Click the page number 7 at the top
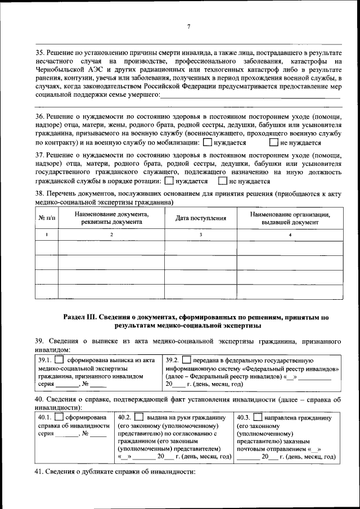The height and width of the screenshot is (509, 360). point(189,26)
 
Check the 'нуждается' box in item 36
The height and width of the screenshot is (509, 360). point(207,143)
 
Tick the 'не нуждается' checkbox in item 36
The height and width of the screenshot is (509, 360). point(274,143)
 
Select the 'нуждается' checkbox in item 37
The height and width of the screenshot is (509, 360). point(169,182)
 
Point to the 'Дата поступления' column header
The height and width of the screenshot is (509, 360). point(200,218)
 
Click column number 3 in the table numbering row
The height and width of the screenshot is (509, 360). point(200,235)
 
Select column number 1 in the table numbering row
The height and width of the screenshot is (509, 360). point(46,235)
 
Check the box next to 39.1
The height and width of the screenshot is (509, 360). point(58,360)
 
